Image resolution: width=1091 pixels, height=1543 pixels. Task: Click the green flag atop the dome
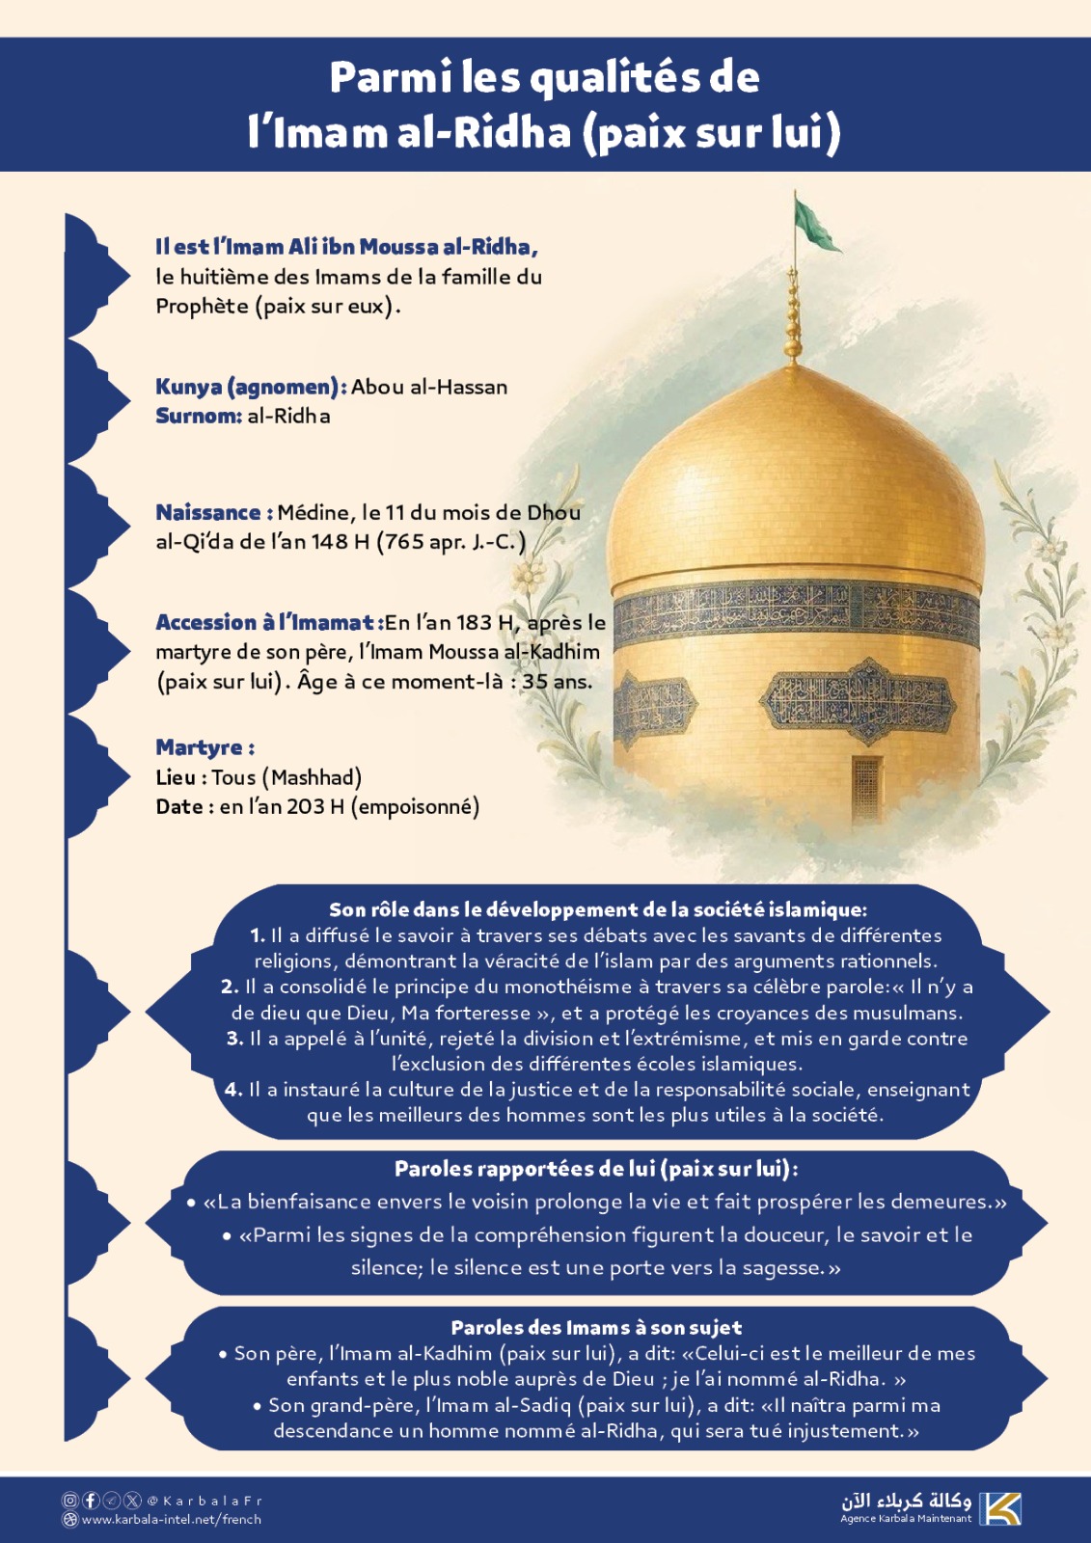point(814,224)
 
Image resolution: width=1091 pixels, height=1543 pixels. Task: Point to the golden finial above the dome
point(793,318)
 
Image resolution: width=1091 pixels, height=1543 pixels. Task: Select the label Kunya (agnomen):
point(251,387)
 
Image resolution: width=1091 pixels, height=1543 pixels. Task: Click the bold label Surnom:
point(199,416)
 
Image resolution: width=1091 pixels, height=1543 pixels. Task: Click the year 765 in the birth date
point(404,542)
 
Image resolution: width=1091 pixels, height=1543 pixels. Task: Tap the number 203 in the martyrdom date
point(307,806)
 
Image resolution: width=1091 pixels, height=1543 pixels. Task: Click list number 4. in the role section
point(233,1090)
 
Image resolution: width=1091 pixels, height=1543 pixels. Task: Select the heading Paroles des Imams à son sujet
point(596,1327)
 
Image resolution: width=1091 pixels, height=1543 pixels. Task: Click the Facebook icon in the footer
point(91,1501)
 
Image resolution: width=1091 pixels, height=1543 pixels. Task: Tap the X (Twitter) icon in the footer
point(132,1501)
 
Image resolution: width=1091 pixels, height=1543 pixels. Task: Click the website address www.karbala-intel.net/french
point(172,1520)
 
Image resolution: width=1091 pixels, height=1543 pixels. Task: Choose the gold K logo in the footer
point(1000,1508)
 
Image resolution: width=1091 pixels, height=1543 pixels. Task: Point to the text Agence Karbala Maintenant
point(906,1519)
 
